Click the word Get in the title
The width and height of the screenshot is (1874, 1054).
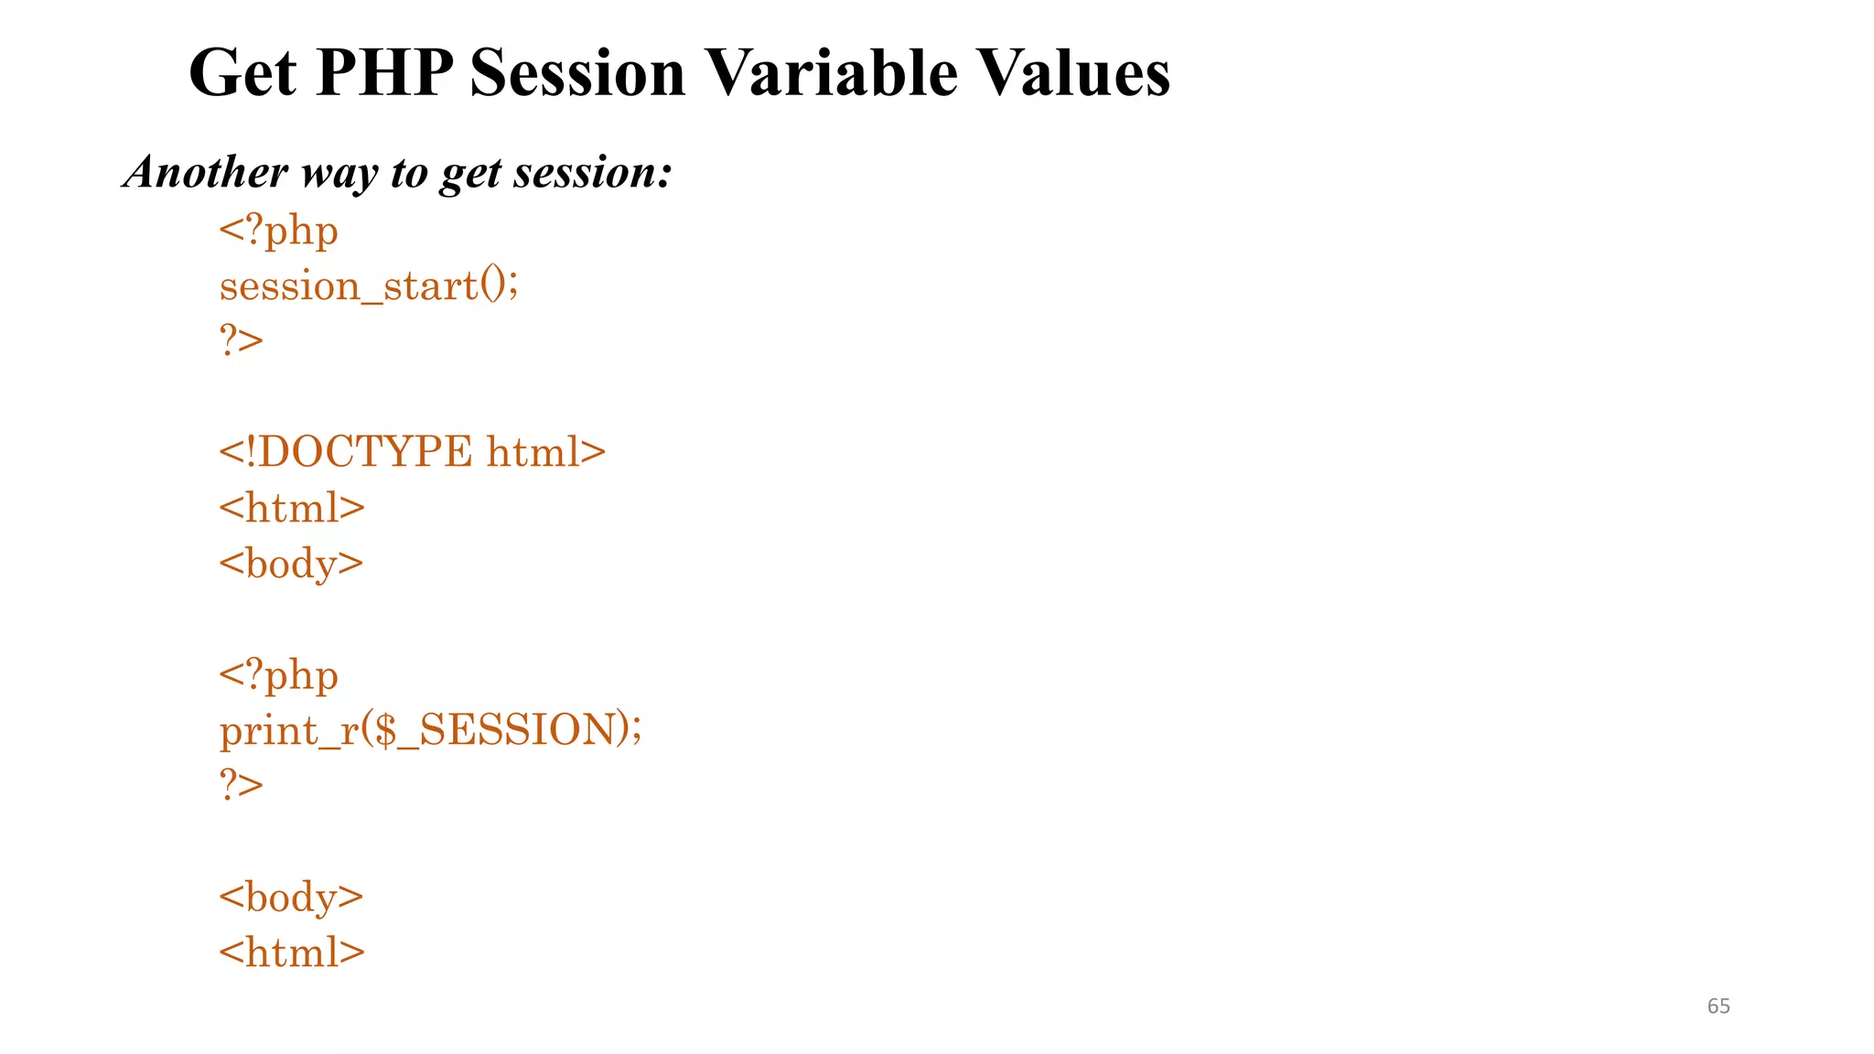pos(242,73)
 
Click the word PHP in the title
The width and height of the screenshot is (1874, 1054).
pos(384,73)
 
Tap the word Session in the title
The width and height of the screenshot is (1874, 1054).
pos(577,73)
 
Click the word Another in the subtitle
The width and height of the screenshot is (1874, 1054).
pos(206,172)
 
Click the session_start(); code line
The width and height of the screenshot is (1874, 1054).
pos(369,286)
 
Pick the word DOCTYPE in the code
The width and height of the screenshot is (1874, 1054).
pos(364,452)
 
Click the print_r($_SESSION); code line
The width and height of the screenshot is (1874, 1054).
pos(430,730)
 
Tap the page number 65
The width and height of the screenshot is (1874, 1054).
pos(1718,1006)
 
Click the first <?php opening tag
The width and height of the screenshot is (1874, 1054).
pos(278,231)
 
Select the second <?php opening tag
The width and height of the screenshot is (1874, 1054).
pos(278,675)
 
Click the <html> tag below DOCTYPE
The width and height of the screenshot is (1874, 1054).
pos(291,508)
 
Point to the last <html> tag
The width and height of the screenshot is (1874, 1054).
pos(291,952)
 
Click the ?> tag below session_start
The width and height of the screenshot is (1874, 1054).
pos(241,341)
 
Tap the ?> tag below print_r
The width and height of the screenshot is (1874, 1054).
pos(241,785)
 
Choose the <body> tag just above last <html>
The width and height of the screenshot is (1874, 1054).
pos(291,897)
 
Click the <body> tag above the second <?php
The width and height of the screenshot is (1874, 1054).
pos(291,564)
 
